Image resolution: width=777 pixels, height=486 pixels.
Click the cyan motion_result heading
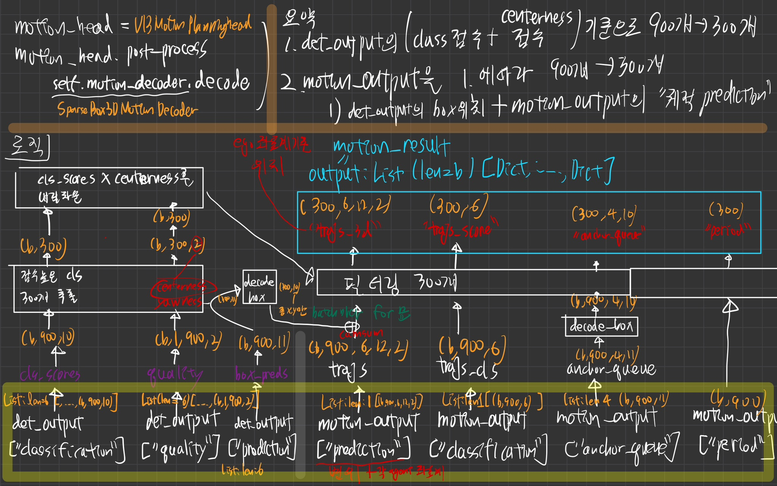point(391,146)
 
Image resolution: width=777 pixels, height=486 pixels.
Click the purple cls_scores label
point(50,375)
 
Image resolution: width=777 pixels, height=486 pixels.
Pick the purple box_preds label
point(261,374)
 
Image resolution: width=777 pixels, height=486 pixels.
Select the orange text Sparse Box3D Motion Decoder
point(127,110)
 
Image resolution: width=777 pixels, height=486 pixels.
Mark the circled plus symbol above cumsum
point(352,326)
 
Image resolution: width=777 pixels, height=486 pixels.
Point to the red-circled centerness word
point(182,287)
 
